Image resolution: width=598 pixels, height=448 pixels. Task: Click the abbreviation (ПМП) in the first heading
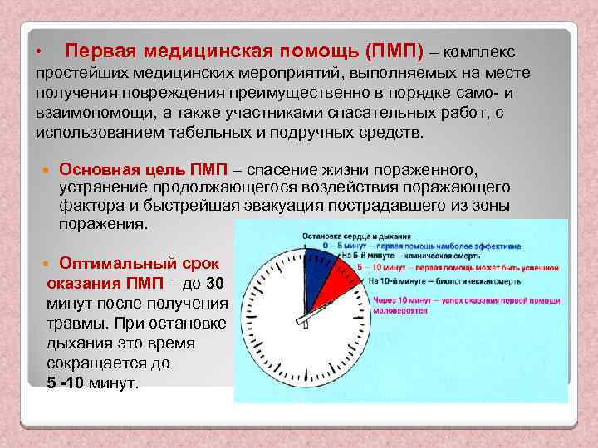394,51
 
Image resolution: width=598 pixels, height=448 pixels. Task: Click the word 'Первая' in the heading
99,51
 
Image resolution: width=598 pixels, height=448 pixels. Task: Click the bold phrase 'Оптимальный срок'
140,264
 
